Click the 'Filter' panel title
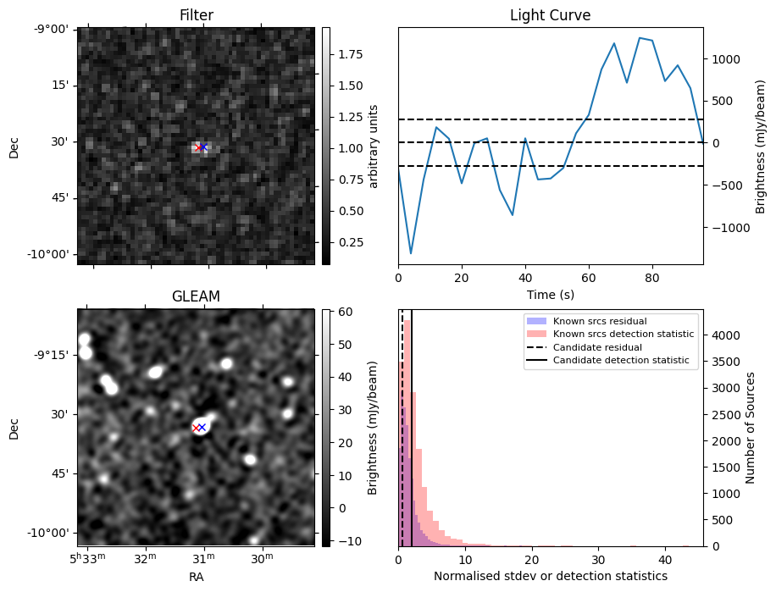coord(196,15)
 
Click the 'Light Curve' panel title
coord(550,15)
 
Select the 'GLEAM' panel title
coord(196,296)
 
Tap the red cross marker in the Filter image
coord(198,148)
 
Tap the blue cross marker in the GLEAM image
coord(202,428)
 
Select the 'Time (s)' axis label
coord(550,293)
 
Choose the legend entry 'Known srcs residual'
coord(599,321)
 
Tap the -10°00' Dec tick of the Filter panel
coord(50,255)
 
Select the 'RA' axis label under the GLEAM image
coord(196,577)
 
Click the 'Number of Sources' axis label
coord(751,427)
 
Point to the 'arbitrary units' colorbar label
coord(374,147)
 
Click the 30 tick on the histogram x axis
coord(599,559)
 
